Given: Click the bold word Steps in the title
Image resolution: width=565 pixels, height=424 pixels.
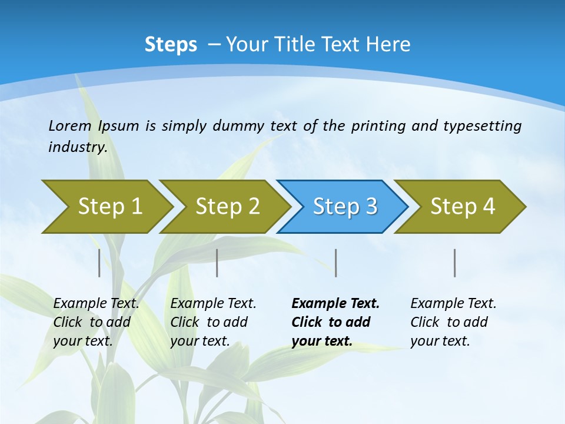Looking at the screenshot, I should click(x=171, y=44).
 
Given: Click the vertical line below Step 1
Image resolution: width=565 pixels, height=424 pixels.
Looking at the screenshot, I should click(x=99, y=263).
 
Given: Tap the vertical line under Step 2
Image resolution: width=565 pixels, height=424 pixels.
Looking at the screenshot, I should click(x=217, y=263).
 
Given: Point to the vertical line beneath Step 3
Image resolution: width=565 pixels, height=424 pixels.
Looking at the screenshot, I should click(x=335, y=263).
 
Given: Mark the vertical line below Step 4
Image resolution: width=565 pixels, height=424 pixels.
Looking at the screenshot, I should click(x=455, y=263).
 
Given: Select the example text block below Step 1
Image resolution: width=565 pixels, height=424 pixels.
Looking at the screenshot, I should click(x=95, y=322).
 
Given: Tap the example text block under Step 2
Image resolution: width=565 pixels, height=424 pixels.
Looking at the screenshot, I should click(x=212, y=322).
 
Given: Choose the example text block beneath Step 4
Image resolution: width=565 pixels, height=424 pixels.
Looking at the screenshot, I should click(x=453, y=322).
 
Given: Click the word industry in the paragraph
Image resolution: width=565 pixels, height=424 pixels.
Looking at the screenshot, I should click(x=77, y=147).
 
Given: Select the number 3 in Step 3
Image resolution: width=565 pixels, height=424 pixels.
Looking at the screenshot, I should click(x=371, y=206).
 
